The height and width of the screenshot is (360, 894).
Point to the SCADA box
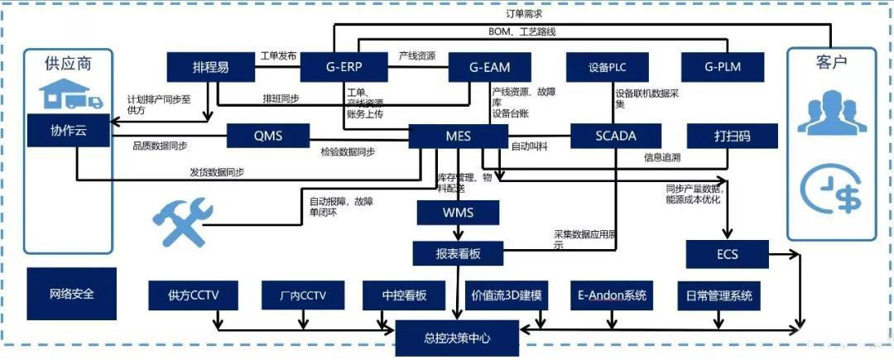point(615,136)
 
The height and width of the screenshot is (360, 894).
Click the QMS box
point(267,136)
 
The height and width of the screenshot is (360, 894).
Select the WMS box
point(458,214)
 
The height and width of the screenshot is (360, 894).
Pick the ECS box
point(728,254)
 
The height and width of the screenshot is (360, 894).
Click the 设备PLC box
point(612,67)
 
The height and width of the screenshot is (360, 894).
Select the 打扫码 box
point(733,136)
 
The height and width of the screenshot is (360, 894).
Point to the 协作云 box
point(68,130)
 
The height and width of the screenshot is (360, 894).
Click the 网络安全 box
point(71,294)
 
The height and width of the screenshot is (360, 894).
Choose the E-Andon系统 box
point(613,295)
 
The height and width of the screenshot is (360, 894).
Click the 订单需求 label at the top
point(524,14)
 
